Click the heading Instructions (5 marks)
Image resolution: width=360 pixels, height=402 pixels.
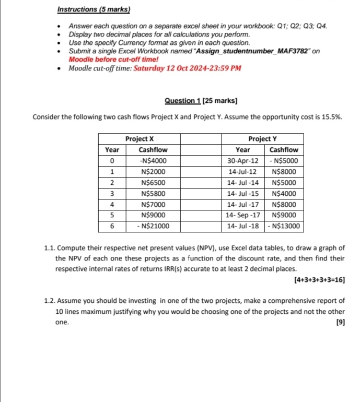click(94, 9)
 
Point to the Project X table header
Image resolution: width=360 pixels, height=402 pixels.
click(140, 138)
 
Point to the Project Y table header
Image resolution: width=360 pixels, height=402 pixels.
click(263, 138)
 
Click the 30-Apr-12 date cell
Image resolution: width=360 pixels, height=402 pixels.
click(242, 160)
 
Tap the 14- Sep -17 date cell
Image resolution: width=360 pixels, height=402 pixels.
click(242, 215)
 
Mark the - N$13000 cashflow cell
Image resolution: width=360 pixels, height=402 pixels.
click(284, 226)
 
